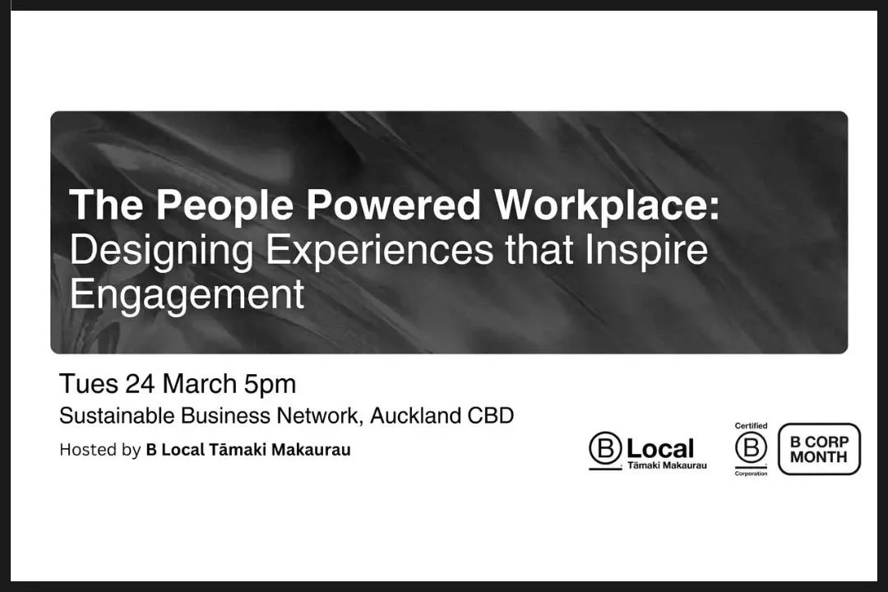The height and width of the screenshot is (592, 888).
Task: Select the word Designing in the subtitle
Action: coord(162,250)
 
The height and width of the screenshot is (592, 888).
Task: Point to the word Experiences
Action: coord(379,250)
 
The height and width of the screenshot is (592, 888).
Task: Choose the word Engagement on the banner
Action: coord(187,294)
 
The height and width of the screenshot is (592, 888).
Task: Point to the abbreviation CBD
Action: coord(491,416)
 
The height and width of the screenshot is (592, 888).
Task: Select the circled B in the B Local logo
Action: coord(605,449)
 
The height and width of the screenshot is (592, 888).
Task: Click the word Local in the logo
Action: coord(660,449)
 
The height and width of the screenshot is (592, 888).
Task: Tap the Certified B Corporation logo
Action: coord(751,450)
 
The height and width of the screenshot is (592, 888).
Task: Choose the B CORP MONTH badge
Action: coord(819,449)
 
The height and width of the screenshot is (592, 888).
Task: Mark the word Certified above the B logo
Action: coord(751,426)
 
